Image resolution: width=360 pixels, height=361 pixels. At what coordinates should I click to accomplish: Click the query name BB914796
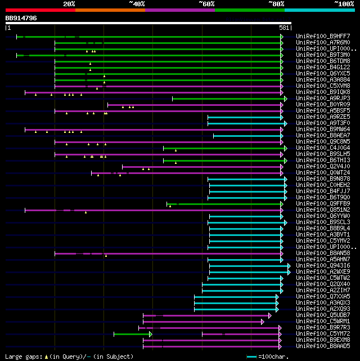(x=21, y=18)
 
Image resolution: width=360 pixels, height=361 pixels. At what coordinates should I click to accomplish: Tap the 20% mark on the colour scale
(x=69, y=4)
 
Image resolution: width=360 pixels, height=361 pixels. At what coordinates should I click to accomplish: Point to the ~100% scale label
(x=344, y=4)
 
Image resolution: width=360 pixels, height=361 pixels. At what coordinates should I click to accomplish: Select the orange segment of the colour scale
(x=110, y=10)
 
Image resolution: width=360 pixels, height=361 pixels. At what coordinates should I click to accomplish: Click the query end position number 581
(x=284, y=28)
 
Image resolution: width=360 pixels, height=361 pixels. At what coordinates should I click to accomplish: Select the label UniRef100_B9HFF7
(x=315, y=37)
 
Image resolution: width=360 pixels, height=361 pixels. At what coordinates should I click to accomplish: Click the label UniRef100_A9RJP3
(x=315, y=99)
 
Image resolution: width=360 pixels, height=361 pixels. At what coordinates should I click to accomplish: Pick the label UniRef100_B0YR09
(x=315, y=105)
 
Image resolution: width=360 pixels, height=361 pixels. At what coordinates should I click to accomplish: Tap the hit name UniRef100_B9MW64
(x=315, y=130)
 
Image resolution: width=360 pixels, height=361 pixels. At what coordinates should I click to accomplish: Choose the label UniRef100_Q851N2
(x=315, y=210)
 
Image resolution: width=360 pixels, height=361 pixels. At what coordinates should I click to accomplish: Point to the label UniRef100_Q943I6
(x=315, y=266)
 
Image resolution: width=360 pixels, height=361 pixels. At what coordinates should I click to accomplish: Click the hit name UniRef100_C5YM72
(x=315, y=334)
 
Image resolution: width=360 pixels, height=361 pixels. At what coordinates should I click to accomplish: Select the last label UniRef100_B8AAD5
(x=315, y=346)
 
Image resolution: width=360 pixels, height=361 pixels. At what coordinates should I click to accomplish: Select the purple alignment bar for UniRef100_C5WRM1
(x=202, y=322)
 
